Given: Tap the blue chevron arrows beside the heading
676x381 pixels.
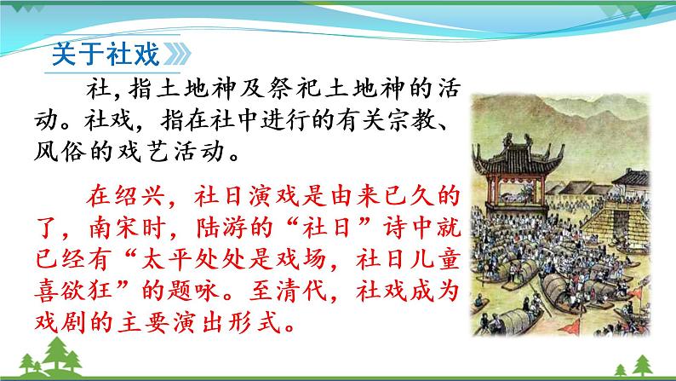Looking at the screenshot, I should (x=178, y=53).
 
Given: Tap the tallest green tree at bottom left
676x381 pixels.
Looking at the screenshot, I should (x=61, y=358).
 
